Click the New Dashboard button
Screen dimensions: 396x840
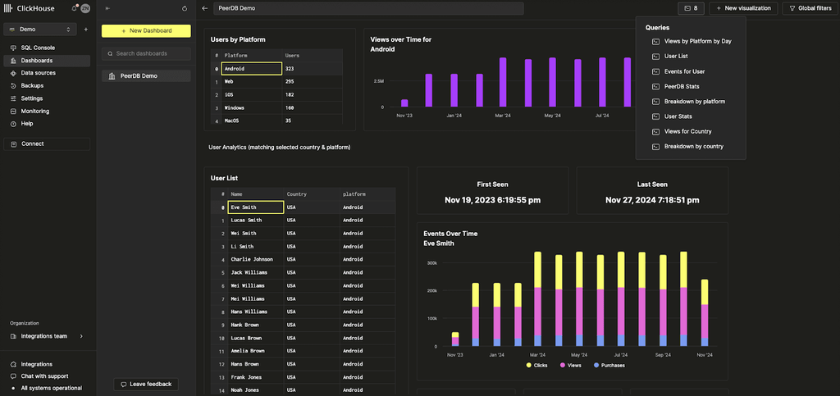pos(146,30)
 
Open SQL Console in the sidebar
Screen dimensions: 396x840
pos(38,48)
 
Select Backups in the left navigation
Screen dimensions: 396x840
pos(32,85)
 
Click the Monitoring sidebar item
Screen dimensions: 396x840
pos(34,111)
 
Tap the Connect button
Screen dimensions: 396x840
pos(33,143)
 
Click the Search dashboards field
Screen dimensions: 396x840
pos(146,53)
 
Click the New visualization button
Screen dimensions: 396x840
pos(743,8)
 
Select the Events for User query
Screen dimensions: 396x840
pos(684,71)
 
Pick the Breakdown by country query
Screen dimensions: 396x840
pos(693,146)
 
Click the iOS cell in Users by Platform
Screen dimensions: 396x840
pos(229,95)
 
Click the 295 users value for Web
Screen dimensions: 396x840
pos(290,82)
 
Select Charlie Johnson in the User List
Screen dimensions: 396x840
pos(251,259)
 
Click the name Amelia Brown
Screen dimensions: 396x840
pos(247,351)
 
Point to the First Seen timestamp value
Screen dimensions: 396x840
pos(492,200)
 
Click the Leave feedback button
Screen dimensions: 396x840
pos(146,384)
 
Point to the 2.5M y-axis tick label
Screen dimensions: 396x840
pos(378,81)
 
